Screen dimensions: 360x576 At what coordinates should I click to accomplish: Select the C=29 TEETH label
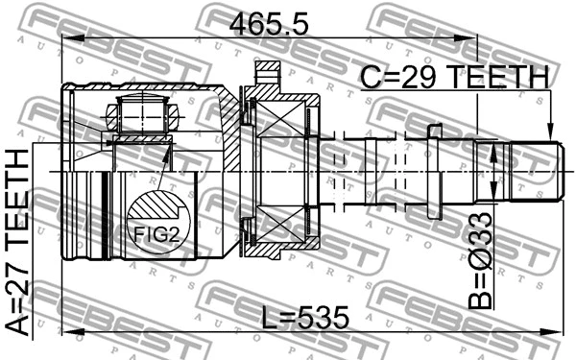pyautogui.click(x=452, y=77)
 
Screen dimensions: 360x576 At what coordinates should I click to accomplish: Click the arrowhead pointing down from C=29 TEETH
pyautogui.click(x=549, y=133)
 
